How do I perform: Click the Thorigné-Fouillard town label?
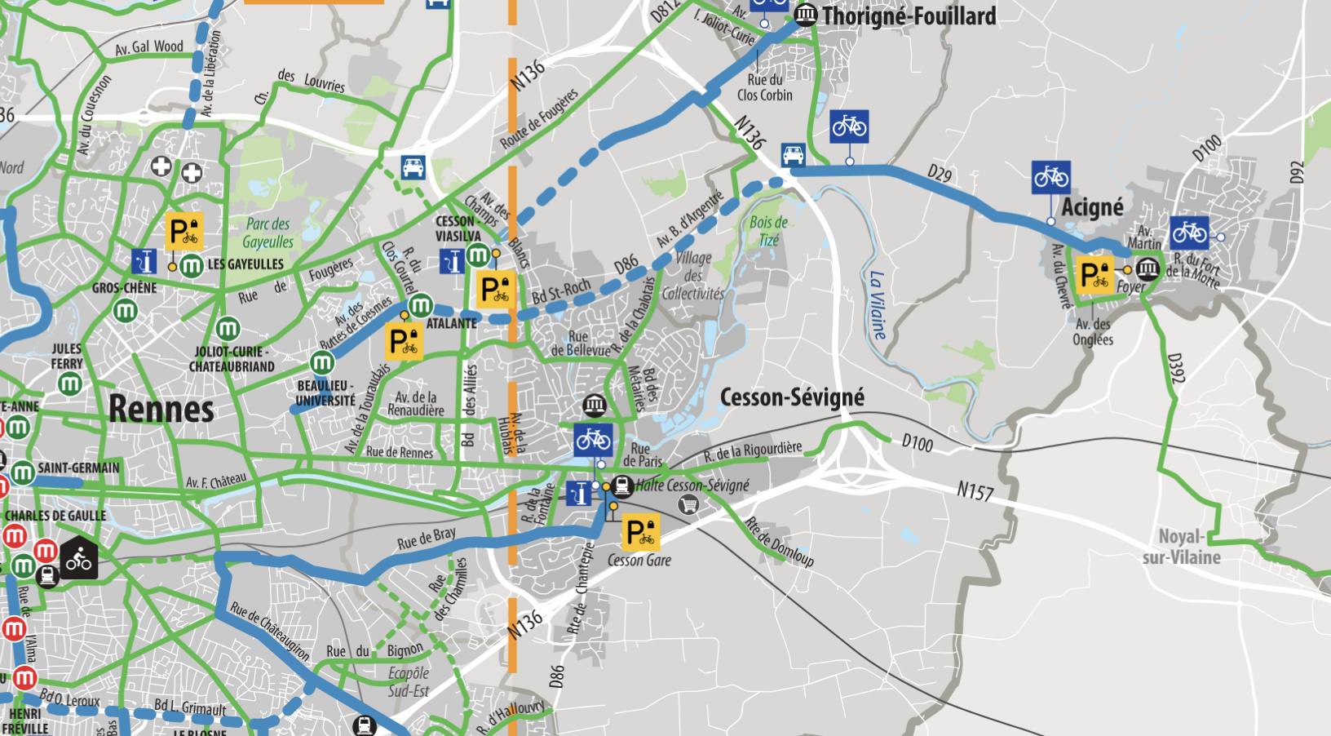click(909, 16)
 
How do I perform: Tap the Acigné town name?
click(1092, 208)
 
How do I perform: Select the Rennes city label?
click(161, 409)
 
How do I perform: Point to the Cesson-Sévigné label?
click(792, 397)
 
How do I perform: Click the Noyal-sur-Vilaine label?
click(1181, 547)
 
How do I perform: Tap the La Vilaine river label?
click(877, 305)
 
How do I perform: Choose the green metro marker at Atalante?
click(420, 306)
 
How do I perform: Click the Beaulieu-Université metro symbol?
click(322, 362)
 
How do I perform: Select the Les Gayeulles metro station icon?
click(192, 265)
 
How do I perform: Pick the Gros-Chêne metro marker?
click(126, 311)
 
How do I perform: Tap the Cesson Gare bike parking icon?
click(640, 532)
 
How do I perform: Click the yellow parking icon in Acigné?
click(1094, 275)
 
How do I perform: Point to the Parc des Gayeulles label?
click(268, 233)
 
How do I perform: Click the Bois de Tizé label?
click(768, 231)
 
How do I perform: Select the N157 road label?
click(975, 491)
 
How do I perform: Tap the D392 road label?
click(1175, 368)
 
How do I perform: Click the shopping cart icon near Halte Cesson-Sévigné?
click(688, 505)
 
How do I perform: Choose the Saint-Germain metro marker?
click(23, 472)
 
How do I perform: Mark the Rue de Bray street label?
click(426, 539)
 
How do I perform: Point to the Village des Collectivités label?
click(693, 276)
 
